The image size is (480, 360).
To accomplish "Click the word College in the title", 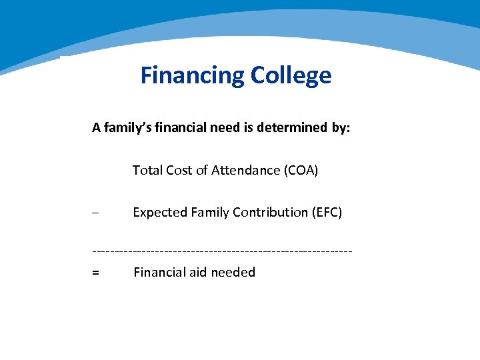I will (x=291, y=75).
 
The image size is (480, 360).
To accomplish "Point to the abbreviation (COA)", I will (x=301, y=171).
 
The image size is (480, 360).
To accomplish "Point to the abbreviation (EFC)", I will (x=327, y=213).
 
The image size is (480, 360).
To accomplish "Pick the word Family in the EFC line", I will (x=209, y=213).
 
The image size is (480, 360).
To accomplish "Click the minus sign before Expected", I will (x=95, y=213).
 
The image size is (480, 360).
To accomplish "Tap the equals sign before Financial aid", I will (x=96, y=273).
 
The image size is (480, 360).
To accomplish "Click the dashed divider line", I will (x=222, y=251).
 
